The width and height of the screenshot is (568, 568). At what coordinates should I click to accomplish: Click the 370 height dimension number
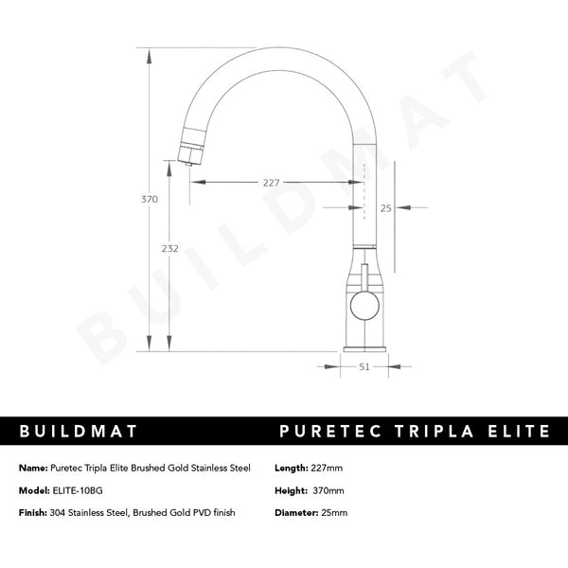tap(150, 200)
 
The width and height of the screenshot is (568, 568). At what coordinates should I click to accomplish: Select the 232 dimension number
tap(169, 248)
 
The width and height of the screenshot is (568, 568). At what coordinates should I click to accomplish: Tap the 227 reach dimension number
tap(272, 183)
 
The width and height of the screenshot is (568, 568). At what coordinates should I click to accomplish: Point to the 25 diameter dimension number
tap(385, 207)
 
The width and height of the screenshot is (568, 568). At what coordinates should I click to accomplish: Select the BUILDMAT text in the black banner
tap(80, 432)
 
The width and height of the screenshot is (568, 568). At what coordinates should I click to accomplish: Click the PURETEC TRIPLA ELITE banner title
tap(416, 432)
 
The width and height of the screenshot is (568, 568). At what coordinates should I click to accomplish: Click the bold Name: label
tap(32, 469)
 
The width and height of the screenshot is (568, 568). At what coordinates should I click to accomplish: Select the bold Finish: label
tap(34, 512)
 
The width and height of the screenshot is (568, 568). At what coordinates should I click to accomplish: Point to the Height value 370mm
tap(328, 490)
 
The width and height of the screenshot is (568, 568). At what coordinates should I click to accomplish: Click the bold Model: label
tap(33, 490)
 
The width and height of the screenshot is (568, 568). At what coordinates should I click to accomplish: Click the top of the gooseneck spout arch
tap(284, 40)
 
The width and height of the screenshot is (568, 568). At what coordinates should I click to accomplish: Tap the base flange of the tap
tap(364, 347)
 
